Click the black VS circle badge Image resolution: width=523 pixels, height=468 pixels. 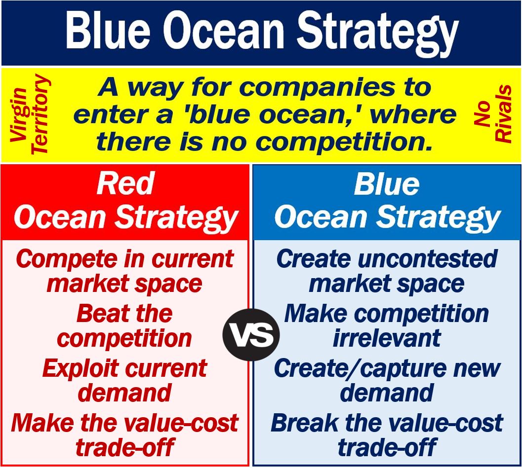251,334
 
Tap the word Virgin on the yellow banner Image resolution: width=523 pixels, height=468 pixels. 19,115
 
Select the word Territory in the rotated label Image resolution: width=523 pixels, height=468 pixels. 40,114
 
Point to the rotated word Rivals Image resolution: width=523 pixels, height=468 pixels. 503,114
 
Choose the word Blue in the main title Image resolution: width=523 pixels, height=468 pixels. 108,30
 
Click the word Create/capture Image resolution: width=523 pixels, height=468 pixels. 360,369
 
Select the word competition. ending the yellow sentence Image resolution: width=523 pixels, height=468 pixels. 342,142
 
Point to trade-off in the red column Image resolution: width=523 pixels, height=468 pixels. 125,447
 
